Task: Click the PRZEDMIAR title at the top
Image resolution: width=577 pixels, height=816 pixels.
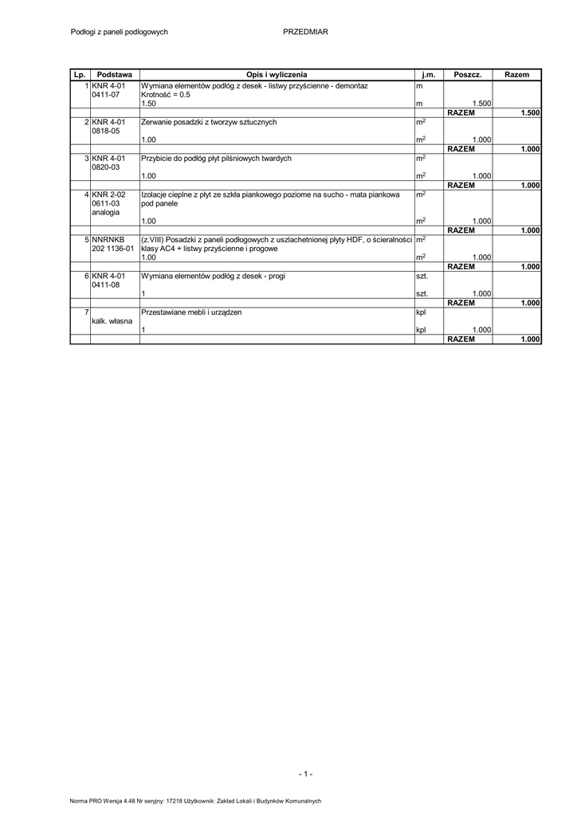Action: [x=305, y=32]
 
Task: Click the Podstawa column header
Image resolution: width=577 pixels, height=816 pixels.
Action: [x=114, y=74]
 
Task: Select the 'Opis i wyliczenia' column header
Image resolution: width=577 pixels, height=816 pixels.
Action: [x=277, y=74]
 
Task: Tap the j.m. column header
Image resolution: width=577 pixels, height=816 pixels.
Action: [x=428, y=74]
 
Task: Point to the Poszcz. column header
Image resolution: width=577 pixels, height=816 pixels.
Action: [x=467, y=74]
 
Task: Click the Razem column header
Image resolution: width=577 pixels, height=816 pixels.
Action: [x=517, y=74]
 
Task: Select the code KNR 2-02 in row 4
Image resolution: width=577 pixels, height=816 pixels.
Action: [x=108, y=194]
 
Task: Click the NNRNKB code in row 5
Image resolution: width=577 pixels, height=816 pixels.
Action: [x=108, y=239]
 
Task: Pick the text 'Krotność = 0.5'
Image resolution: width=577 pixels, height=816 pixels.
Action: [x=166, y=94]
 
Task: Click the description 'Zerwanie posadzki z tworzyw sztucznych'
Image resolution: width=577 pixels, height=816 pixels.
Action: [x=209, y=122]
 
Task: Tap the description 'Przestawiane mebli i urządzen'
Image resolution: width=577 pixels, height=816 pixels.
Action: [x=191, y=312]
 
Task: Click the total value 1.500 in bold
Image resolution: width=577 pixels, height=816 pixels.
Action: [x=530, y=113]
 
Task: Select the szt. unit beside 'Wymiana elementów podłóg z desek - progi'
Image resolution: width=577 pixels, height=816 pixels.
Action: [x=422, y=276]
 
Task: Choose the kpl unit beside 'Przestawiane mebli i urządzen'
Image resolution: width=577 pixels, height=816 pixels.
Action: [x=422, y=312]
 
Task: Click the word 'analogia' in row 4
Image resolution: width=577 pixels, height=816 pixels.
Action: [x=106, y=213]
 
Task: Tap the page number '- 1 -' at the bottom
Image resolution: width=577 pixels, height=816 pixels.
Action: [x=305, y=774]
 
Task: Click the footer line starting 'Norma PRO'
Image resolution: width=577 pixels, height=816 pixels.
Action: [x=195, y=801]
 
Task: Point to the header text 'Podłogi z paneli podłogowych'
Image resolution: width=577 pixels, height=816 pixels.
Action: [x=120, y=32]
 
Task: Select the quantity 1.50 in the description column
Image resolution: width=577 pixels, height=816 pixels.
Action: [x=148, y=104]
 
